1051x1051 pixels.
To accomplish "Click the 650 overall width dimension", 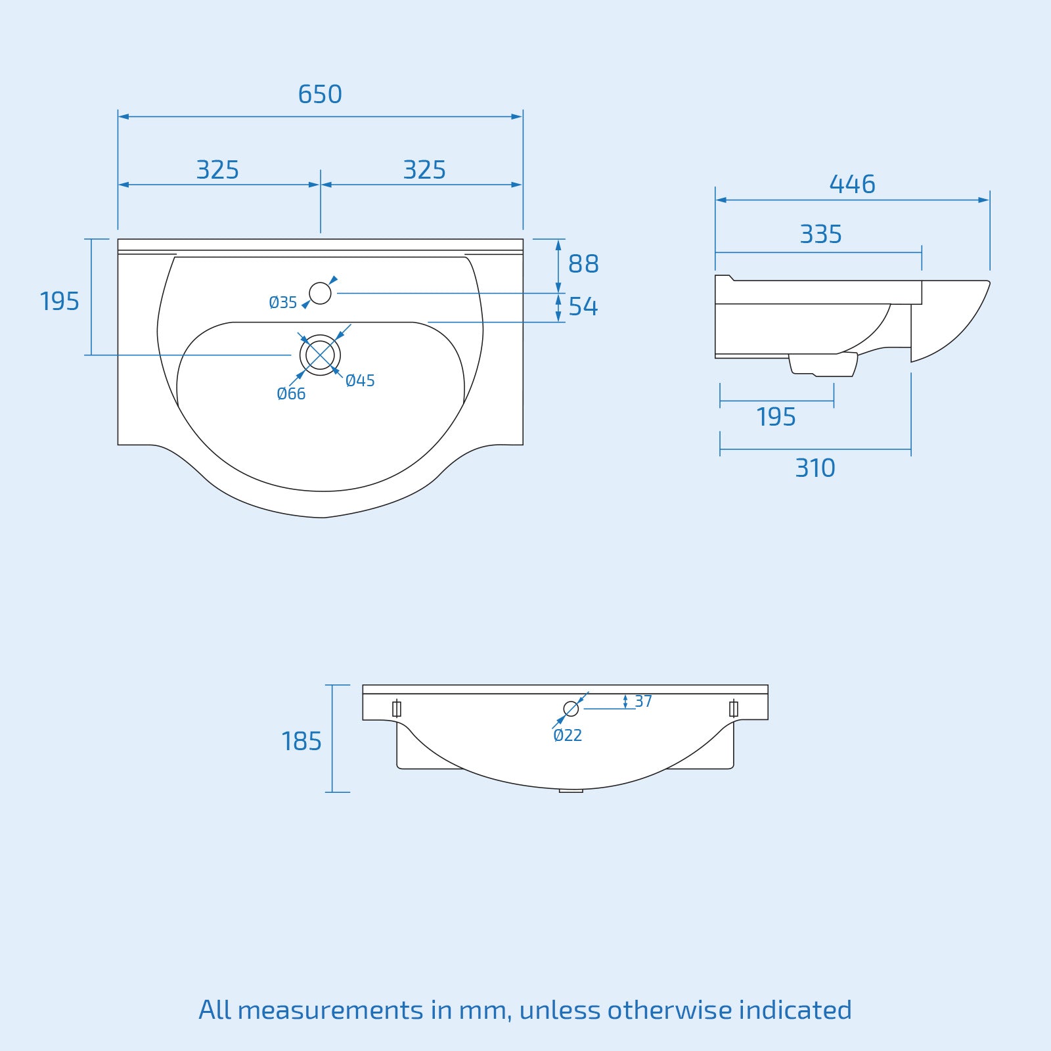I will coord(320,95).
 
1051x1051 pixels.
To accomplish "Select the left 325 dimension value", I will coord(217,170).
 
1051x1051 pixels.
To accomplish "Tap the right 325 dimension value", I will coord(424,170).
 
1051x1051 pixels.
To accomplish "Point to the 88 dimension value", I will coord(583,264).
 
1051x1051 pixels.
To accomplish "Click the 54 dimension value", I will coord(583,307).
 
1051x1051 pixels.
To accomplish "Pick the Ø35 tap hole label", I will coord(283,303).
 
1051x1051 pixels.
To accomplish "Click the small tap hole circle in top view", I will coord(320,293).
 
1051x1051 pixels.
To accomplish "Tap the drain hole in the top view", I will coord(320,355).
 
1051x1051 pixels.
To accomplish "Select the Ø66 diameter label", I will coord(291,394).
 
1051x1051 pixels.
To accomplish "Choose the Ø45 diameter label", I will coord(360,381).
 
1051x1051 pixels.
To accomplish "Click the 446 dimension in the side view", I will coord(852,185).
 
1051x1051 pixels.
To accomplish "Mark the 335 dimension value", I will coord(820,235).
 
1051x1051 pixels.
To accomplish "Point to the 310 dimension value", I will coord(815,468).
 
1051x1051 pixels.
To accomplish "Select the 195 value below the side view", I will coord(776,417).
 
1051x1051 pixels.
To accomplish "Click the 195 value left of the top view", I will coord(59,302).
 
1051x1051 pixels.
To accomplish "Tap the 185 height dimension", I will coord(302,742).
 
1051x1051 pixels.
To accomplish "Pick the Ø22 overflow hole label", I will coord(568,736).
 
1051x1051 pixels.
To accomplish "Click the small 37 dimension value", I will coord(643,702).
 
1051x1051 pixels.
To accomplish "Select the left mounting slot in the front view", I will coord(396,709).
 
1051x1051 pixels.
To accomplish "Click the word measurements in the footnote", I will coord(330,1010).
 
